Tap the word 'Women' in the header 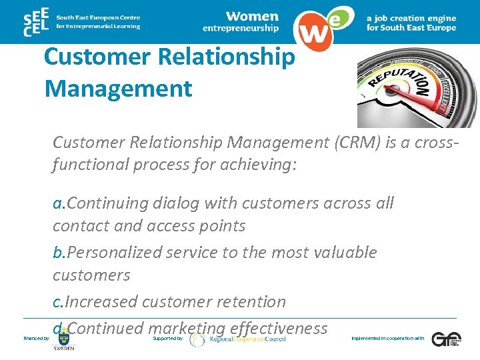[x=251, y=15]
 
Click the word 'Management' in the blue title [x=118, y=88]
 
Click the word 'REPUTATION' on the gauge [x=399, y=77]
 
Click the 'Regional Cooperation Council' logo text [x=247, y=339]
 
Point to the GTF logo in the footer [x=445, y=339]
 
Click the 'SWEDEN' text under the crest [x=65, y=349]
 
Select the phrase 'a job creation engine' [x=411, y=18]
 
